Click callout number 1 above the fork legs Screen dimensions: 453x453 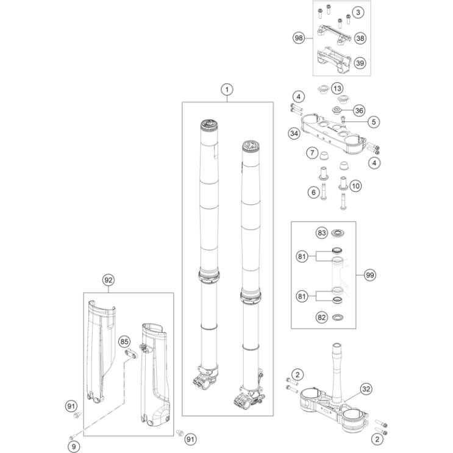(227, 90)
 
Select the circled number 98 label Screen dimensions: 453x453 (299, 38)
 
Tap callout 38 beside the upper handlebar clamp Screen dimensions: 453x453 (360, 38)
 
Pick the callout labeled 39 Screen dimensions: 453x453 (360, 63)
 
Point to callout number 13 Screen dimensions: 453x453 (337, 88)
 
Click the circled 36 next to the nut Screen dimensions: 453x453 (359, 110)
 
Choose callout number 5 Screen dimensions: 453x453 (374, 122)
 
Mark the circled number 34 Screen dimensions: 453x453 (294, 134)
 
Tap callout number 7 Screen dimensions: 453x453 (312, 152)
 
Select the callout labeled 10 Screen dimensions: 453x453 (355, 186)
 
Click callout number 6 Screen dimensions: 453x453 (314, 193)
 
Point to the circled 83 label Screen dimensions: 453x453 (321, 233)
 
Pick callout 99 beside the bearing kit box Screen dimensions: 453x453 (370, 275)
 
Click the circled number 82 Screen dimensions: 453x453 (321, 318)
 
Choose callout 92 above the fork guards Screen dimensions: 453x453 (109, 280)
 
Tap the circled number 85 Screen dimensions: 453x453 (124, 342)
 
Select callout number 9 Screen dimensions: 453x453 (74, 447)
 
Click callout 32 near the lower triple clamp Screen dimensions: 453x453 (366, 389)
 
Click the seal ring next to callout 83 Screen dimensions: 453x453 (338, 232)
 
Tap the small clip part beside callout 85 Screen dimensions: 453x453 (132, 354)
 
